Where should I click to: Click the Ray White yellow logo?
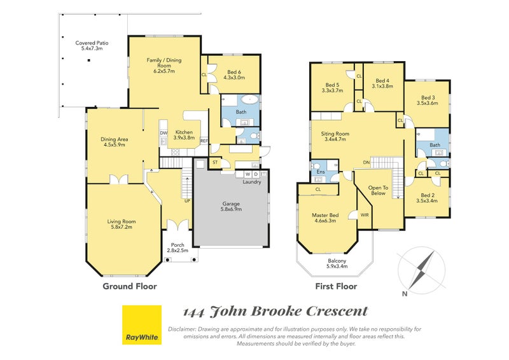point(142,324)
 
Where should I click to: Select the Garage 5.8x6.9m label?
point(231,207)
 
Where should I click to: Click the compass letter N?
point(405,294)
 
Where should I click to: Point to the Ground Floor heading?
point(130,286)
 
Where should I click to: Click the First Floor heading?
point(336,286)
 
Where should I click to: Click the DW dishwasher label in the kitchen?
point(164,133)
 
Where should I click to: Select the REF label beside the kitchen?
point(204,141)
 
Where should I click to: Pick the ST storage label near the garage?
point(215,162)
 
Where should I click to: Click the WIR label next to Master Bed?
point(365,215)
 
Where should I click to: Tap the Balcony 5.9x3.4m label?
point(337,263)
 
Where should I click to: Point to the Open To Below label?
point(378,190)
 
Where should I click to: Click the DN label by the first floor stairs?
point(366,162)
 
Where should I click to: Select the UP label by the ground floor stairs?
point(187,201)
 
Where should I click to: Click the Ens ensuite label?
point(321,172)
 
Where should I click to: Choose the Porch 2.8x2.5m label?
point(178,247)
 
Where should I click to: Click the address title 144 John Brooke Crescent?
point(275,312)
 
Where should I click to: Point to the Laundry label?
point(252,182)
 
